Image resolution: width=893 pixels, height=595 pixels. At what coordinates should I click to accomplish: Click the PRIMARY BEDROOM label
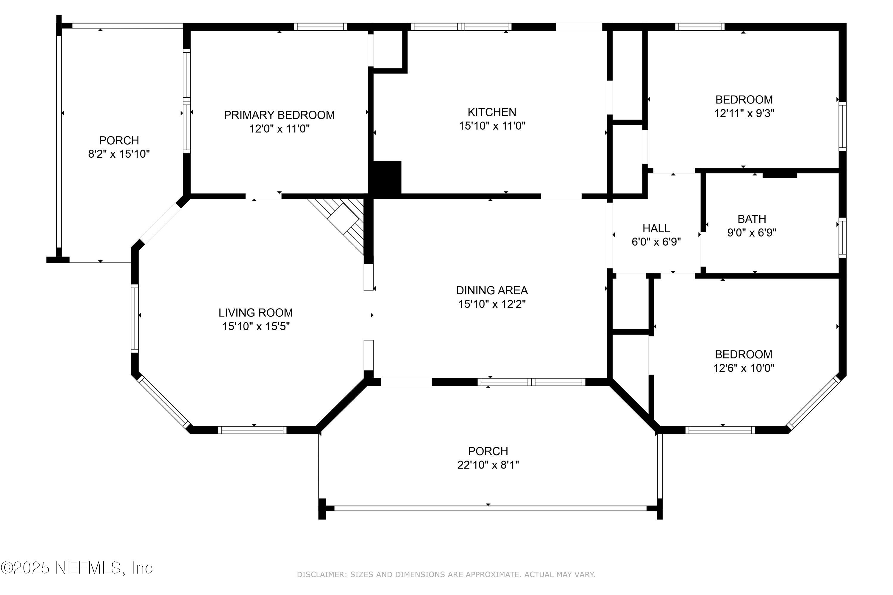[279, 115]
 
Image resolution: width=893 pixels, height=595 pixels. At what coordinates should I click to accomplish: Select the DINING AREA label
[492, 290]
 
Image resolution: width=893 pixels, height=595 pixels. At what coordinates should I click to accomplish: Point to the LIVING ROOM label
[255, 313]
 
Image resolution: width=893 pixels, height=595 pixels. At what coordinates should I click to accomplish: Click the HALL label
[656, 228]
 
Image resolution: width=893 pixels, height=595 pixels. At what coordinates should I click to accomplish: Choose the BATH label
[752, 219]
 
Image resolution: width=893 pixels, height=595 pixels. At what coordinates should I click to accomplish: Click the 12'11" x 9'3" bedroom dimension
[744, 113]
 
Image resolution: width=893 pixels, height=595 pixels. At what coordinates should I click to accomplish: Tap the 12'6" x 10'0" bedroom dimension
[744, 368]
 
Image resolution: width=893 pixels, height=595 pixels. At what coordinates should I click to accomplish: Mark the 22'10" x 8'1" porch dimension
[488, 465]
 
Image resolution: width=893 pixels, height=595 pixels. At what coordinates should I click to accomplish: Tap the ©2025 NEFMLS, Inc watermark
[77, 568]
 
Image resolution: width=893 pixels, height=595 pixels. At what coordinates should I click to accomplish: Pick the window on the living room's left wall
[135, 318]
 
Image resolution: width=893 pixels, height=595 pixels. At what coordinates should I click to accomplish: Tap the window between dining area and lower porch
[532, 382]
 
